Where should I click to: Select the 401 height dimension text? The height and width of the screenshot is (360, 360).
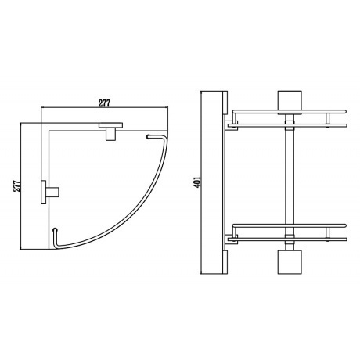[197, 182]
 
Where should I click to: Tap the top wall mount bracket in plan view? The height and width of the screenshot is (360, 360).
[110, 131]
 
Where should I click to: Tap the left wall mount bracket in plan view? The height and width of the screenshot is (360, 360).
[50, 192]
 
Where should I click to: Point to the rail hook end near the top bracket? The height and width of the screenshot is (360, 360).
[149, 136]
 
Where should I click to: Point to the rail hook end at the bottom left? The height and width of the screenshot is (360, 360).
[55, 230]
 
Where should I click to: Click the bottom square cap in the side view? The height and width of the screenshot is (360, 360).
[290, 262]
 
